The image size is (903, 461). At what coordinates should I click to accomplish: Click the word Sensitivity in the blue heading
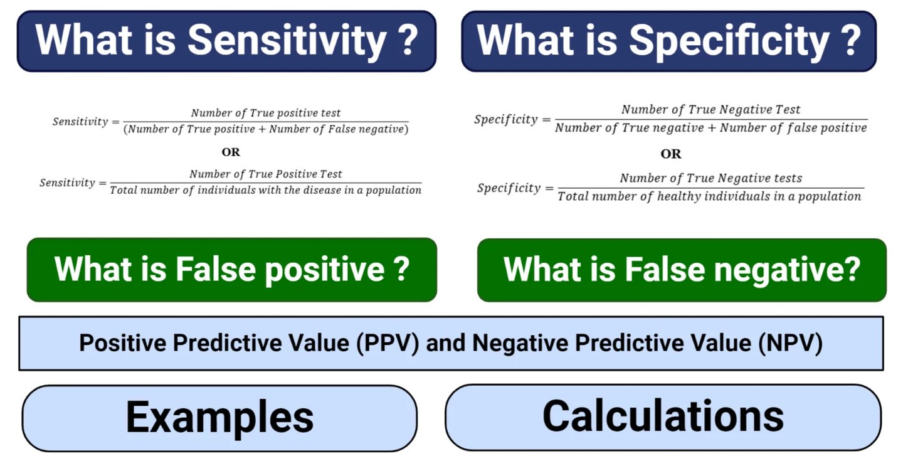click(x=287, y=41)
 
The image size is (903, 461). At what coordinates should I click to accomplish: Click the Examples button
click(x=219, y=418)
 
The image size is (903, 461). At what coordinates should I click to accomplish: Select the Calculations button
click(x=663, y=418)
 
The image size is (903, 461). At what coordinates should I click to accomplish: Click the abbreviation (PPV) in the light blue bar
click(x=388, y=343)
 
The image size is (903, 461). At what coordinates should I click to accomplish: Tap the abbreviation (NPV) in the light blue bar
click(x=790, y=343)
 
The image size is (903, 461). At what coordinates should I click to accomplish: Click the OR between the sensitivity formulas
click(x=231, y=152)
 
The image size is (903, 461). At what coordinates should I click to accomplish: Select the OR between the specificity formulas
click(x=671, y=154)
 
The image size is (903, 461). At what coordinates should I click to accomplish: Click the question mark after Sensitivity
click(x=407, y=40)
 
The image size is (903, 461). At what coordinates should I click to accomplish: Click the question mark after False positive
click(x=401, y=269)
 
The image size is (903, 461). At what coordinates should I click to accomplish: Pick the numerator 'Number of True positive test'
click(x=266, y=113)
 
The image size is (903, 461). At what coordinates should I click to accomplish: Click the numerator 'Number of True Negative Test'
click(x=710, y=109)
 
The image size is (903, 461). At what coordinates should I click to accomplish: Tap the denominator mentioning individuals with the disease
click(x=266, y=190)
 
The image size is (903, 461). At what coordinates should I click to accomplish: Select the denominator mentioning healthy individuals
click(x=709, y=196)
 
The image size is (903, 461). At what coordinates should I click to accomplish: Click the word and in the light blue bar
click(x=445, y=343)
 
